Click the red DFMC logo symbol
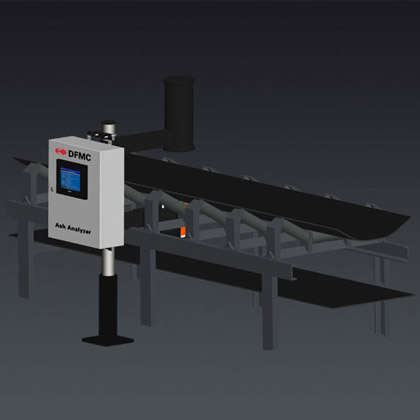coord(61,151)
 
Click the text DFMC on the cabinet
coord(79,155)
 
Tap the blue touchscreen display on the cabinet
coord(70,179)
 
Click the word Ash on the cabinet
coord(60,226)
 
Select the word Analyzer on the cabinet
coord(79,229)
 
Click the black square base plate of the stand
coord(108,340)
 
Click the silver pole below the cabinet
coord(107,262)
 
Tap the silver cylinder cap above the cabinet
coord(109,127)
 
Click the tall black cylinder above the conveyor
coord(179,114)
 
